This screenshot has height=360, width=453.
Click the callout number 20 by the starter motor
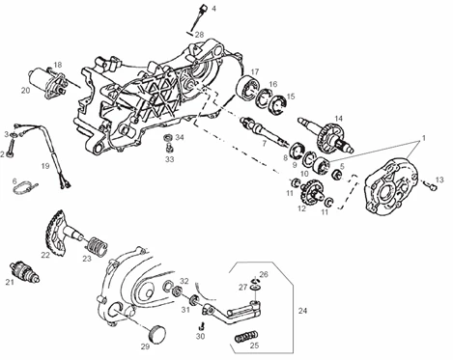click(x=25, y=91)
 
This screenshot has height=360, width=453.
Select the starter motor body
click(x=47, y=82)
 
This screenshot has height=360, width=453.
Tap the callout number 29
click(x=145, y=346)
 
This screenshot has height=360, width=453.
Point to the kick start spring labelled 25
click(x=246, y=338)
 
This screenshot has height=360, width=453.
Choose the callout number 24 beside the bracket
click(x=302, y=311)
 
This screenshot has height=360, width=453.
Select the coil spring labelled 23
click(x=97, y=246)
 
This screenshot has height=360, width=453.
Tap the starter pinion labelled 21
click(x=25, y=271)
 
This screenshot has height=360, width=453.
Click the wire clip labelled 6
click(x=25, y=188)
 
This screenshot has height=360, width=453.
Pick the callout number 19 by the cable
click(x=45, y=166)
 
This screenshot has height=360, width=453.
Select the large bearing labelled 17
click(x=247, y=87)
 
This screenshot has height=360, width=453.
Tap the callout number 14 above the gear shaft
click(x=338, y=119)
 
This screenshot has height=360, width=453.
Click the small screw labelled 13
click(x=430, y=185)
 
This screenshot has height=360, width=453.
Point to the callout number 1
click(x=424, y=138)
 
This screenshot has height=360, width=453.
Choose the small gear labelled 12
click(x=311, y=192)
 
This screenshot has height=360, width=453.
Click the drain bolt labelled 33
click(x=169, y=149)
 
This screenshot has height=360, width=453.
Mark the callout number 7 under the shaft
click(x=264, y=143)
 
